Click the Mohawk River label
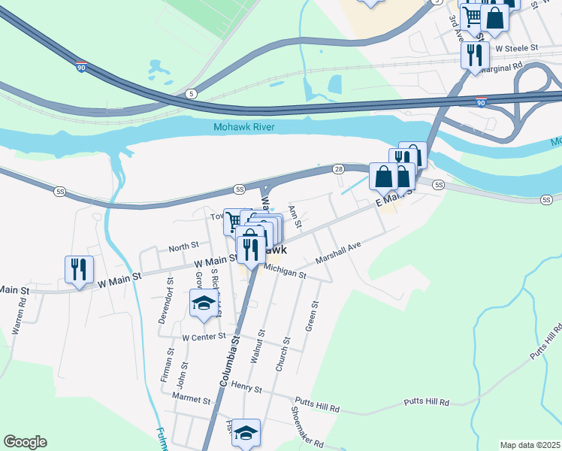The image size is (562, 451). pos(243,126)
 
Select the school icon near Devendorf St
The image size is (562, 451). pos(203,303)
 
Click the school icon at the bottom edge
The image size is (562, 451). pos(246,434)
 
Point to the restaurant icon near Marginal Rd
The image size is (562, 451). pos(475,55)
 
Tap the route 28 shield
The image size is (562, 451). pos(339,169)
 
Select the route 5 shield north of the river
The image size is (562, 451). pos(192,93)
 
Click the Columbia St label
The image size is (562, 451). pos(230,361)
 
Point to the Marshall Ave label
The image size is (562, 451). pos(339,258)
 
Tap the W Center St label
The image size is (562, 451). pos(204,337)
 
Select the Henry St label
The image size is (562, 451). pos(246,389)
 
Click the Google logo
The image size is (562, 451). pos(25,441)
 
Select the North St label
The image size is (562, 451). pos(183,246)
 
